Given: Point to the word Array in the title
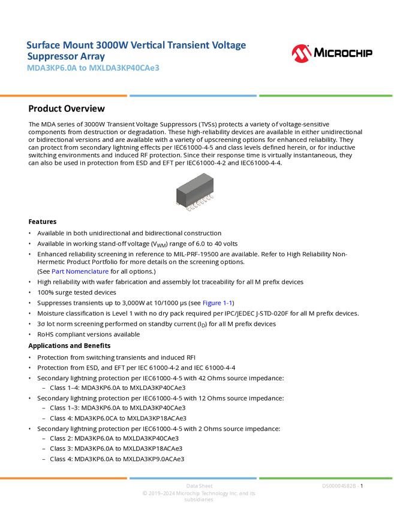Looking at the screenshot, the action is click(93, 56).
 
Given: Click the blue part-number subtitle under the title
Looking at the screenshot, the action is click(93, 68).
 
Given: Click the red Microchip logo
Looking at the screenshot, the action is click(302, 54).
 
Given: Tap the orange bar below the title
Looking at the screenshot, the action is click(64, 95).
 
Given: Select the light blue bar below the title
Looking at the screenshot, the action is click(193, 95).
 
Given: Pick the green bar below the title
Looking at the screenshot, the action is click(326, 95).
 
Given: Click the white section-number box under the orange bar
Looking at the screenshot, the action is click(14, 108).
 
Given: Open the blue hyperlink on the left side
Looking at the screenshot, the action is click(80, 272).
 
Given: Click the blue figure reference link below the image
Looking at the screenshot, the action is click(216, 303).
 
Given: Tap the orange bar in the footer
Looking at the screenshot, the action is click(64, 478).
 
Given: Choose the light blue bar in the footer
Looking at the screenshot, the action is click(193, 478).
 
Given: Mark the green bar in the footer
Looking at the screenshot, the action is click(326, 478).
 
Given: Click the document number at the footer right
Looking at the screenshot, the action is click(340, 486).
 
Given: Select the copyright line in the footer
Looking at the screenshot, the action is click(198, 494).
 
